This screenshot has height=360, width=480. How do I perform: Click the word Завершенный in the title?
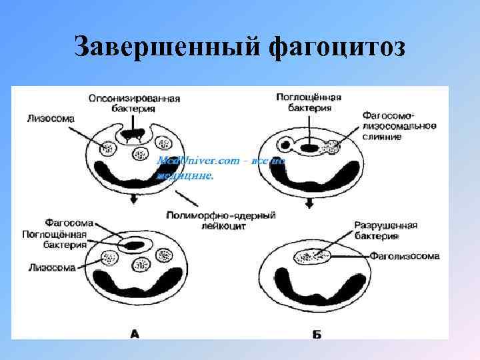point(166,47)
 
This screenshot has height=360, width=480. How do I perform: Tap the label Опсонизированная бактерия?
point(134,103)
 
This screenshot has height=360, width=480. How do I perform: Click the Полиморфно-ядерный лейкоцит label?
point(219,221)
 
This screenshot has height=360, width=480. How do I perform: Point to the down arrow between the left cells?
point(133,199)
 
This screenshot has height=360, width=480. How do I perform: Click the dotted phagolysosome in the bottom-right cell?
point(311,256)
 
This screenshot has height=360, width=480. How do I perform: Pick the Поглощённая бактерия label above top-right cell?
point(308,102)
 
